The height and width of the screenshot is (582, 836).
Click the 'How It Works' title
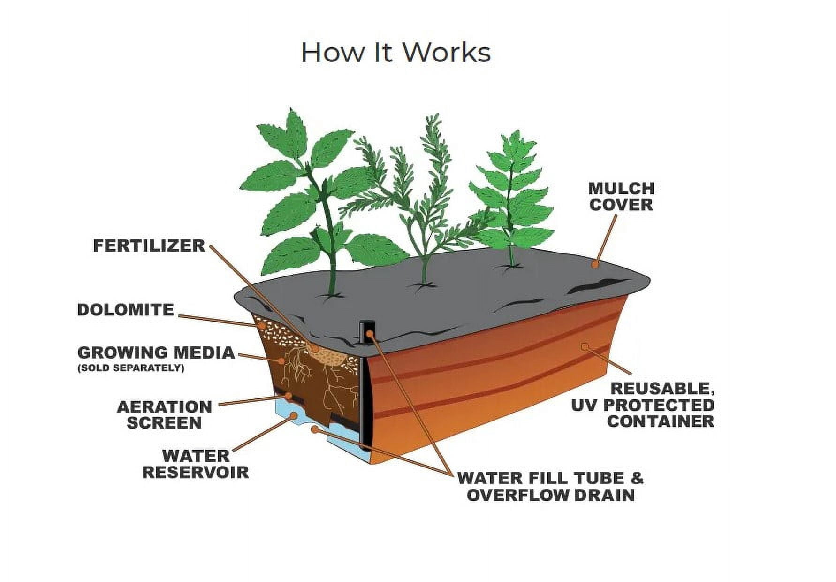(396, 52)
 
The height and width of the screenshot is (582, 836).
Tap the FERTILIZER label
(149, 245)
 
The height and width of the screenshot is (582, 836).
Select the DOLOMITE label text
(126, 310)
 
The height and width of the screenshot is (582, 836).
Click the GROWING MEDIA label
(156, 352)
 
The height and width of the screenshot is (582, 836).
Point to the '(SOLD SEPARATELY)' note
(131, 368)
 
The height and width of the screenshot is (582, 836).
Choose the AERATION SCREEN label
(164, 415)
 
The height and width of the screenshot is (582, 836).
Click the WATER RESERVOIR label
(196, 464)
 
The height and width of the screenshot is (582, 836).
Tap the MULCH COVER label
(622, 197)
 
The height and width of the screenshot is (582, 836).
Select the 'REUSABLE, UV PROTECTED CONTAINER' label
(643, 405)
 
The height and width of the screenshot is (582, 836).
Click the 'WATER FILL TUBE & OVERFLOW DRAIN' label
(550, 487)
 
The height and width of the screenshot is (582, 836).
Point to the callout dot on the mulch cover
(595, 264)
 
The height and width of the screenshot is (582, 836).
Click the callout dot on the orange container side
(585, 347)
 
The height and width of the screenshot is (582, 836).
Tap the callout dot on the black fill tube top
(370, 334)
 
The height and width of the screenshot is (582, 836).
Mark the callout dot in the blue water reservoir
(294, 415)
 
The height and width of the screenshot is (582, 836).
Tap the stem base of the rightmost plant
(511, 266)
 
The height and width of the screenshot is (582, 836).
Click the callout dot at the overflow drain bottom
(315, 429)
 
